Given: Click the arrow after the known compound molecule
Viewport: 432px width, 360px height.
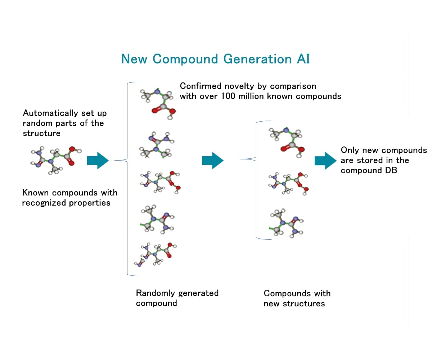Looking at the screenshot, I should pyautogui.click(x=98, y=161).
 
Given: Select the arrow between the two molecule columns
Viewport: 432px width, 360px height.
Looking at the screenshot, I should pyautogui.click(x=212, y=161).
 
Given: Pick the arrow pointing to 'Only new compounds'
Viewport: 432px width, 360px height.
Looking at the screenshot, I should pyautogui.click(x=325, y=161).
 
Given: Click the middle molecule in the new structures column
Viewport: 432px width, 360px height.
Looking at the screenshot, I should pyautogui.click(x=288, y=183).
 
